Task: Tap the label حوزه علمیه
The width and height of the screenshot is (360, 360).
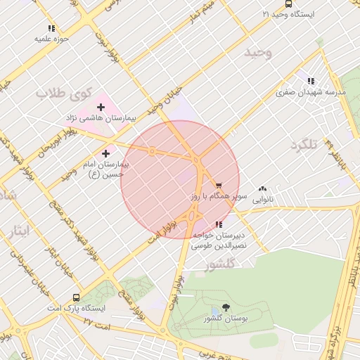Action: point(51,39)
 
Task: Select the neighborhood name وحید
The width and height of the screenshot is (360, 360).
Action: point(257,53)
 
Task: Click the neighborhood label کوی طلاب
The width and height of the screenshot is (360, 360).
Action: point(65,93)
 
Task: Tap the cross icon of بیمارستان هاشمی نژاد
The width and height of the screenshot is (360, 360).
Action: point(101,108)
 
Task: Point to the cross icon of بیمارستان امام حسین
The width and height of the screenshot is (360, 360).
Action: point(106,153)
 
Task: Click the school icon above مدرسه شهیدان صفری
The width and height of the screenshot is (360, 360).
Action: point(311,81)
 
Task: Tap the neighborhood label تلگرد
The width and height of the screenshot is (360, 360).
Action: point(304,144)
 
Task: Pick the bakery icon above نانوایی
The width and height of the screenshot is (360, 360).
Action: point(263,188)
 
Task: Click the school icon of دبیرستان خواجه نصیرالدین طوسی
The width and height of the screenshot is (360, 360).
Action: point(219,224)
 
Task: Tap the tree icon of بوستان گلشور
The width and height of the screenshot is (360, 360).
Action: point(225,307)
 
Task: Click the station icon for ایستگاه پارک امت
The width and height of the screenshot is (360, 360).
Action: point(76,297)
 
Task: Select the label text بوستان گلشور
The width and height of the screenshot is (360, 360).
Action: point(223,319)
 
